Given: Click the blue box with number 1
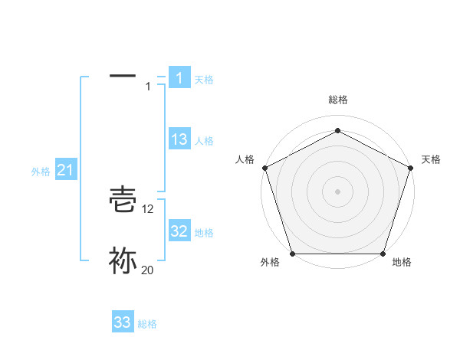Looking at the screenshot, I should [179, 78].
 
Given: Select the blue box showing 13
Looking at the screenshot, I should [179, 139].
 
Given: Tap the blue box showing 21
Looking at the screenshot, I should [65, 171].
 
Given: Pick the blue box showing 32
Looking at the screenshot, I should [179, 231].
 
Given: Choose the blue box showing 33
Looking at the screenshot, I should [123, 322].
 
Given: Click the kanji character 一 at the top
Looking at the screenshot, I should [123, 76].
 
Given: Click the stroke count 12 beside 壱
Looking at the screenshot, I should [148, 209].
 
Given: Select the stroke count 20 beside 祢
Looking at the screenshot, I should [148, 269].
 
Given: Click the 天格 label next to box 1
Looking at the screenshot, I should [204, 79].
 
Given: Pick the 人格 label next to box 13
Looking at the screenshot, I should [204, 140].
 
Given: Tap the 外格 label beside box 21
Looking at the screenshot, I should [41, 172].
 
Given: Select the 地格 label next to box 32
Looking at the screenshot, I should [204, 232].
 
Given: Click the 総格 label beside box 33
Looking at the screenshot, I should [147, 324].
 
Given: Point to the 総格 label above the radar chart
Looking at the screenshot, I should [338, 100].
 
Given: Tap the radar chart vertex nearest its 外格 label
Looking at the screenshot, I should [292, 254].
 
